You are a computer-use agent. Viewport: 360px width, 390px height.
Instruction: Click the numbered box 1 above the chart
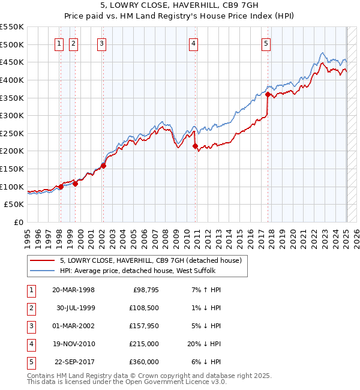click(x=60, y=43)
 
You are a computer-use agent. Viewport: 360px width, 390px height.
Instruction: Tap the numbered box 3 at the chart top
click(x=102, y=43)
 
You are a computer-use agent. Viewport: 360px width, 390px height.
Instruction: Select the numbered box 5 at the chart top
click(x=266, y=43)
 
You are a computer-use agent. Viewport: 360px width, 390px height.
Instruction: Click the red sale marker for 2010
click(x=195, y=145)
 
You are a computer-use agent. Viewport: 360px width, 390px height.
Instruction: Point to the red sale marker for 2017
click(x=268, y=94)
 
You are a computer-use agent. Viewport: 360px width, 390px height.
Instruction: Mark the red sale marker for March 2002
click(x=103, y=166)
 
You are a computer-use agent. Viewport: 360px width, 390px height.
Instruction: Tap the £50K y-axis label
click(x=14, y=205)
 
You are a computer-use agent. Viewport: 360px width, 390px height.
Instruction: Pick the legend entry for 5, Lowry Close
click(x=150, y=260)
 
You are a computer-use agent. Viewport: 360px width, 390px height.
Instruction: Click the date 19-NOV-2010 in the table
click(x=73, y=344)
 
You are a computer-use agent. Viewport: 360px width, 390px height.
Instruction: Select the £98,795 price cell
click(x=145, y=290)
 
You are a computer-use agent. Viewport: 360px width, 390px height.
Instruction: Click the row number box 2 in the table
click(x=30, y=308)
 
